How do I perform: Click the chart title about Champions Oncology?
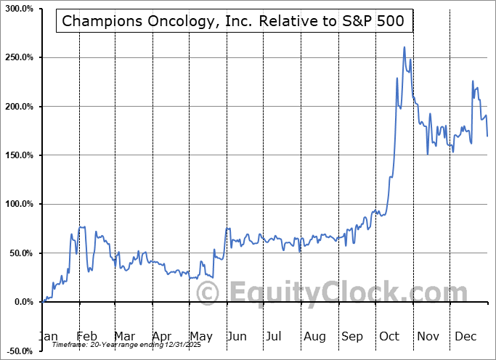pyautogui.click(x=235, y=22)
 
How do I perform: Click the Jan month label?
pyautogui.click(x=48, y=337)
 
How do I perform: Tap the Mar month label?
pyautogui.click(x=125, y=337)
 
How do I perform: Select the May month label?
pyautogui.click(x=201, y=337)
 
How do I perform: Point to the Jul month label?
pyautogui.click(x=274, y=337)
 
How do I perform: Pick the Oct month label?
pyautogui.click(x=390, y=337)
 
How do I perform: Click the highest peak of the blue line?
pyautogui.click(x=404, y=48)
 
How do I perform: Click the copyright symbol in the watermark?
pyautogui.click(x=208, y=293)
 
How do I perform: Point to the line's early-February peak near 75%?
pyautogui.click(x=81, y=227)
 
